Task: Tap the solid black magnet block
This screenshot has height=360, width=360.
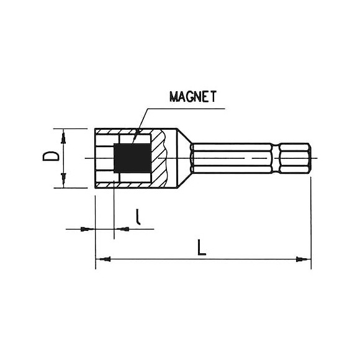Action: point(132,158)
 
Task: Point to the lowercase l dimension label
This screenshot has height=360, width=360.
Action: point(138,217)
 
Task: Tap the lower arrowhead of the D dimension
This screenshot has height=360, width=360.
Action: point(63,184)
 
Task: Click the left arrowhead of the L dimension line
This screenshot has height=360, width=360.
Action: point(101,258)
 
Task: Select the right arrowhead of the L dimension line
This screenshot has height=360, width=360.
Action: point(304,258)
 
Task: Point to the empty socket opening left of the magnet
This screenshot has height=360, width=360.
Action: point(105,158)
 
